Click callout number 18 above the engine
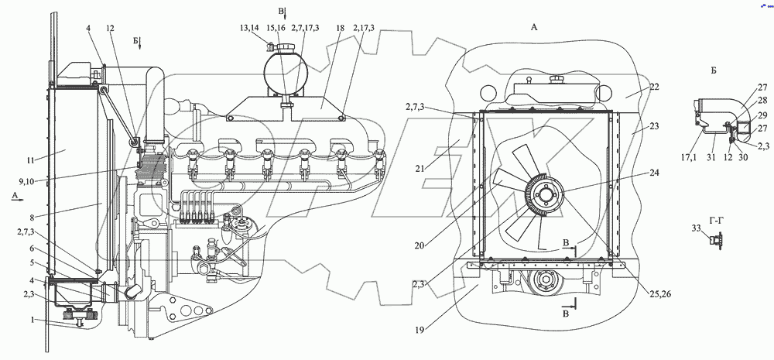(x=340, y=28)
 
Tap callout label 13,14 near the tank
(x=249, y=28)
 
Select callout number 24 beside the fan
(x=654, y=173)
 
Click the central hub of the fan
(x=545, y=196)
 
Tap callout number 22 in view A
(x=654, y=87)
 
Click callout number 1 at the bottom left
(x=33, y=320)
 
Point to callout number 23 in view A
(x=654, y=126)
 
